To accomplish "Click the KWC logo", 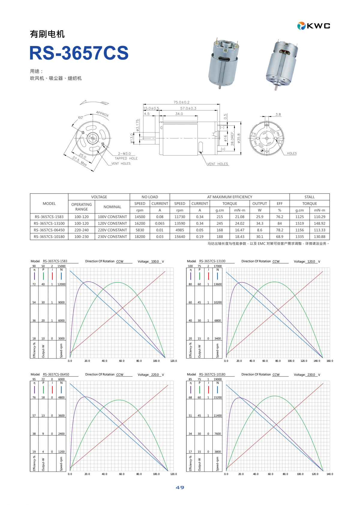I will pos(314,26).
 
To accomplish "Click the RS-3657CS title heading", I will pos(79,53).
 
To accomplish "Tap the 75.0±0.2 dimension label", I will pos(181,102).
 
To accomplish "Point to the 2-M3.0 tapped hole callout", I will pos(124,154).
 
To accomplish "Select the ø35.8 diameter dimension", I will pos(239,138).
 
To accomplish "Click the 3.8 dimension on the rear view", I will pos(278,114).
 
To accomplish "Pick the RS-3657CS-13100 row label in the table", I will pos(49,223).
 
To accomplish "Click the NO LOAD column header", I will pos(150,197).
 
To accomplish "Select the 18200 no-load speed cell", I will pos(140,237).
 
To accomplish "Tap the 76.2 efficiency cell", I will pos(280,217).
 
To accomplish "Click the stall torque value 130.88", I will pos(319,237).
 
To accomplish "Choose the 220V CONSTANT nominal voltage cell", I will pos(112,230).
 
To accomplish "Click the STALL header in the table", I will pos(310,197).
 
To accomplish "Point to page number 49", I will pos(180,488).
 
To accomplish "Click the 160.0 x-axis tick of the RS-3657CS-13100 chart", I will pos(330,361).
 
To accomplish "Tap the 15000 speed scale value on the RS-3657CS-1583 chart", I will pos(61,266).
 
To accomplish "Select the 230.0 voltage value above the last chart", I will pos(311,375).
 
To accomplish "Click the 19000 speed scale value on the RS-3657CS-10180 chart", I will pos(217,379).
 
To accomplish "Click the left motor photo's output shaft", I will pos(220,87).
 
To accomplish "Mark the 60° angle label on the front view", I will pos(81,117).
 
